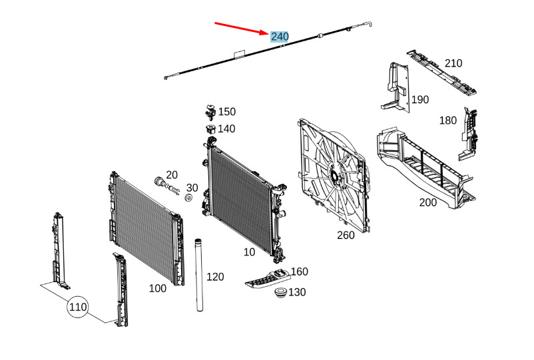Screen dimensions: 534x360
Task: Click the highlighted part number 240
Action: (x=279, y=36)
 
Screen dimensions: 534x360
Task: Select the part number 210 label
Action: (x=453, y=63)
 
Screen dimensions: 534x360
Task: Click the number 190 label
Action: (x=419, y=100)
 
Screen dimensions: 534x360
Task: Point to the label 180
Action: (x=447, y=120)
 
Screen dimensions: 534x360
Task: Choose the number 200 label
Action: (x=428, y=202)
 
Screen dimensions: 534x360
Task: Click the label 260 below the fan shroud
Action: (x=346, y=234)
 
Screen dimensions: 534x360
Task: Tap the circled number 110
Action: (x=77, y=307)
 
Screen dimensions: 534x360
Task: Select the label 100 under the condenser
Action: (x=157, y=288)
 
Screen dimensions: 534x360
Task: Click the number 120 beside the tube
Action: (x=215, y=276)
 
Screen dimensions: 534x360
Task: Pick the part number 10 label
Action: (x=249, y=252)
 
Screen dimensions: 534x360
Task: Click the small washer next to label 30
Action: (x=188, y=198)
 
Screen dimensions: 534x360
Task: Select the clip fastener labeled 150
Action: (x=209, y=110)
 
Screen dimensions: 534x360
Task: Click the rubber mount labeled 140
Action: (x=209, y=129)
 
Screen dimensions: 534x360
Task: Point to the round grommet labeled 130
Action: (x=280, y=293)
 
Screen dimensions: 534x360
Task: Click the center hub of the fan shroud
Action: (x=333, y=175)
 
